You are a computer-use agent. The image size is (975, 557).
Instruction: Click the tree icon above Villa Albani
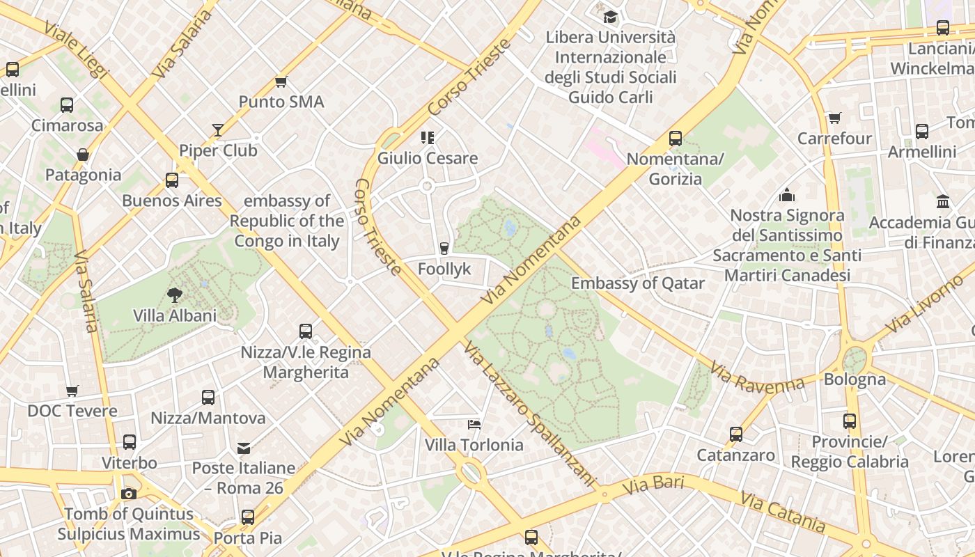(174, 295)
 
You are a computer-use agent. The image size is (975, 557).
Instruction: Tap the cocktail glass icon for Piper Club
(218, 130)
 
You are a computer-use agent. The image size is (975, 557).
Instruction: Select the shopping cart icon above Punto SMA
(281, 82)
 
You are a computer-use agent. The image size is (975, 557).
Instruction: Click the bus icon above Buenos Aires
(171, 180)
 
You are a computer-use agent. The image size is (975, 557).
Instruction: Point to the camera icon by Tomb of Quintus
(129, 494)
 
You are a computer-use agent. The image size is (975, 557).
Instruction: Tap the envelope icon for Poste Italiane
(244, 448)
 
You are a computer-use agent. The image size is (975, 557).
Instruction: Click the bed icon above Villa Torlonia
(474, 424)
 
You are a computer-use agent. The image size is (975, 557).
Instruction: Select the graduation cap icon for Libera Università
(610, 17)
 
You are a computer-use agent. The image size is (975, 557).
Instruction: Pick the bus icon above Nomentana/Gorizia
(675, 138)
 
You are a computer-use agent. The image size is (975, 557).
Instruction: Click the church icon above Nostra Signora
(787, 194)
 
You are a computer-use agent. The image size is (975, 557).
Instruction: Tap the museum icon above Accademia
(943, 201)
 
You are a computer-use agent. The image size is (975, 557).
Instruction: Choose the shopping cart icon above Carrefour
(834, 118)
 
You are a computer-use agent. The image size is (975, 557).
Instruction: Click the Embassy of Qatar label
(638, 283)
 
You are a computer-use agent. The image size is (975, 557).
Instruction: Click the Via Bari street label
(653, 485)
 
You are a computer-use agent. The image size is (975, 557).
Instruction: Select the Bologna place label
(855, 379)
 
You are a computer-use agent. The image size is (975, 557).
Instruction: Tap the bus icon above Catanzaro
(736, 434)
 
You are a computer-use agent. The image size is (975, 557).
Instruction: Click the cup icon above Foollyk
(444, 248)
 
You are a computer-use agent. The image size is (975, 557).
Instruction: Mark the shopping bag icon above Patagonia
(83, 155)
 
